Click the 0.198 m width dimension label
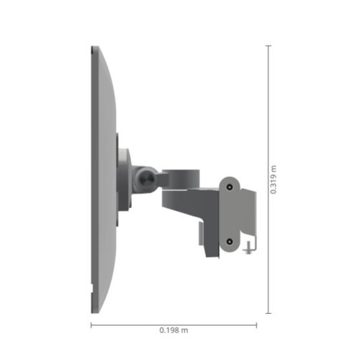(174, 330)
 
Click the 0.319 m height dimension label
(274, 180)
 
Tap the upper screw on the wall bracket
(230, 187)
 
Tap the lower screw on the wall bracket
(230, 243)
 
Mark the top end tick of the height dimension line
(269, 47)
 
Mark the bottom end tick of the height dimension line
(269, 312)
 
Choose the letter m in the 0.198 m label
(185, 331)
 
